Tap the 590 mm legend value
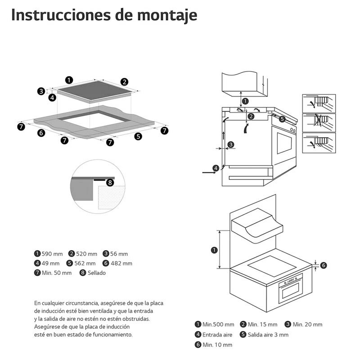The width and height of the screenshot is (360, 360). tap(52, 254)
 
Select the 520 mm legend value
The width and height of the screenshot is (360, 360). tap(86, 254)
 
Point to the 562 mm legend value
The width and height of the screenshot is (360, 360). tap(85, 263)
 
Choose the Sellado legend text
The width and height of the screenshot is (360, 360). tap(96, 273)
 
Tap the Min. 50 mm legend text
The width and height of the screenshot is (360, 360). tap(57, 273)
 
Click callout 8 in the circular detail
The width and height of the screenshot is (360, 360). tap(110, 182)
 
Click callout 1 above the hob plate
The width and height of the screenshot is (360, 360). tap(69, 80)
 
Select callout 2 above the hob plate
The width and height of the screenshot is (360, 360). tap(124, 81)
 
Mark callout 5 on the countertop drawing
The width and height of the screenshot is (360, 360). tap(138, 136)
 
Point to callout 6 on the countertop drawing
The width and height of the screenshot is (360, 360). tap(41, 133)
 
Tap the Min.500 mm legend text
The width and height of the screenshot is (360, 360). tap(218, 324)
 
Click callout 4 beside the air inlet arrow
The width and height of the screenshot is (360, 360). tap(216, 168)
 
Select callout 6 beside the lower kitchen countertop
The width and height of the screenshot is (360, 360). tap(323, 265)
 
